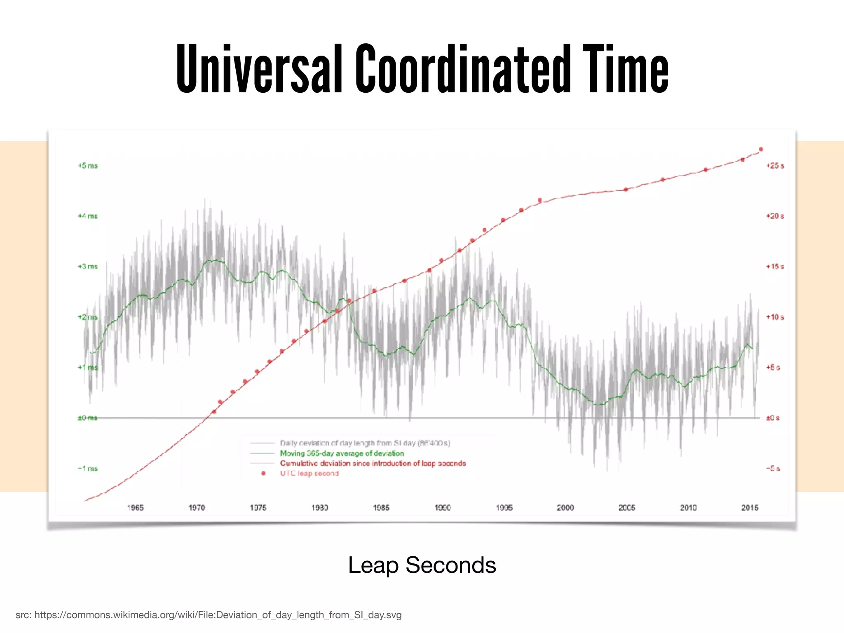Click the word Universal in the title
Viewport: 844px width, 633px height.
click(x=259, y=69)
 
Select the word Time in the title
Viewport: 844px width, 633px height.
click(x=625, y=69)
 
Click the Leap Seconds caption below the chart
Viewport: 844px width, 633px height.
click(x=422, y=565)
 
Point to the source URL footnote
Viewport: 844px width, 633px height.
click(x=209, y=615)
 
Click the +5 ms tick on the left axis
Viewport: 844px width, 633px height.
click(x=88, y=166)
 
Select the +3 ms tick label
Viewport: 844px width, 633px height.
click(x=88, y=267)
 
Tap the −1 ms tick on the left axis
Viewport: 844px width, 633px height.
click(x=88, y=469)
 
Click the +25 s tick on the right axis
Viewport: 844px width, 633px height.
click(x=775, y=166)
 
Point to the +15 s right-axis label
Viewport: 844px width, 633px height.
click(x=775, y=267)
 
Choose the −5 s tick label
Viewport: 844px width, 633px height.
click(x=773, y=469)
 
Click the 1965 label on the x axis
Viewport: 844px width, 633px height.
click(x=135, y=508)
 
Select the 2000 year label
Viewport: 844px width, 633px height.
click(x=565, y=508)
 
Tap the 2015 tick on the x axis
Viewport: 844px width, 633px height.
click(x=750, y=508)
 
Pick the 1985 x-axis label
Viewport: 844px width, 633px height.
click(x=381, y=508)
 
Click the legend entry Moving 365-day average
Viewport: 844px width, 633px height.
click(x=342, y=453)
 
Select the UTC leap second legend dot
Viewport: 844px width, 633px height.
click(x=263, y=474)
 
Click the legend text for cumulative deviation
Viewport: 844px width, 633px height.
click(x=373, y=463)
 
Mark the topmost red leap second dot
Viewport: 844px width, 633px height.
click(x=761, y=149)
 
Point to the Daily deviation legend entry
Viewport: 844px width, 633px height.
click(x=365, y=443)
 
